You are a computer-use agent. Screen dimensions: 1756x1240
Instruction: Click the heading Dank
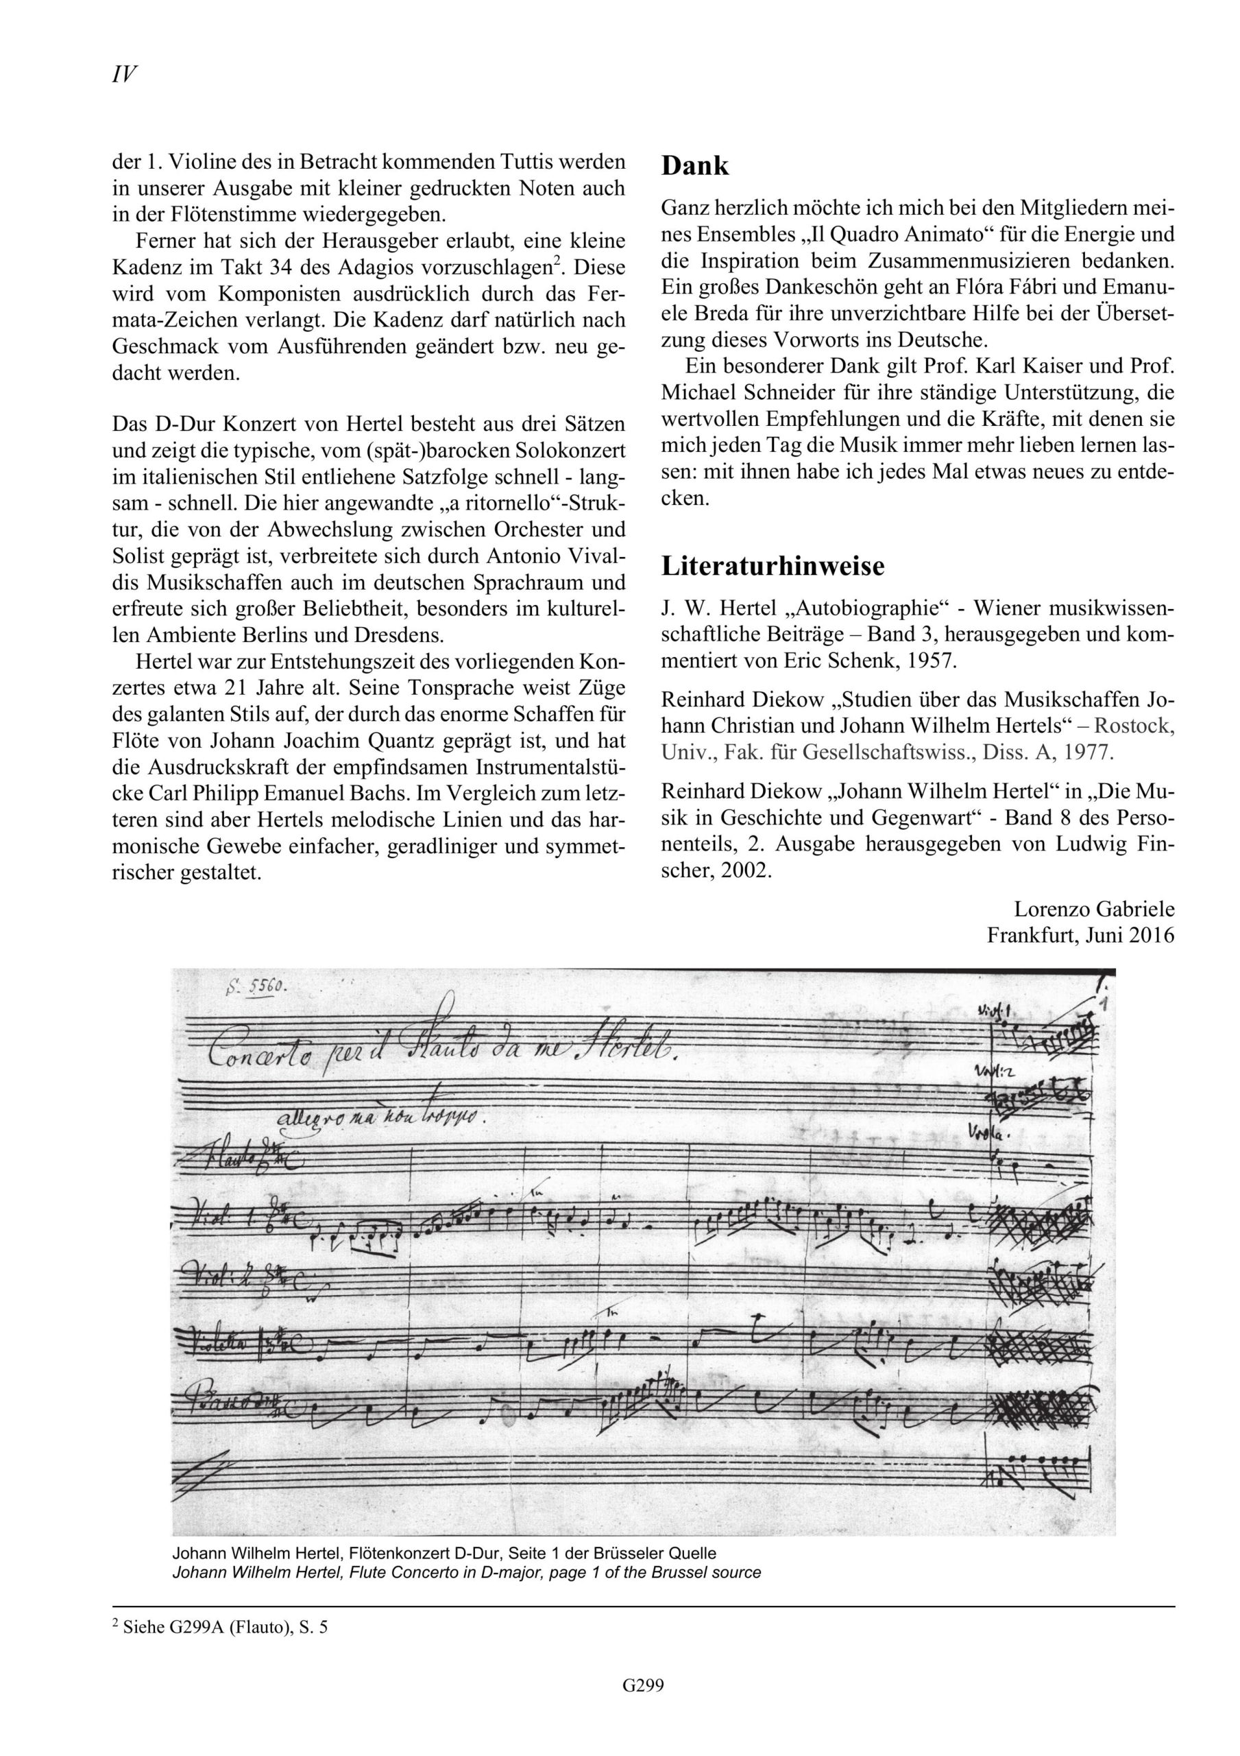pos(695,166)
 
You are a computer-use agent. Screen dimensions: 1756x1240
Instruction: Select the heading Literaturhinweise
pos(772,567)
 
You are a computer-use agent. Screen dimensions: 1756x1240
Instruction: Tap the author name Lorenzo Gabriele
pos(1094,910)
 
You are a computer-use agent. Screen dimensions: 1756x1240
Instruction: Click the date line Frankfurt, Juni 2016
pos(1080,936)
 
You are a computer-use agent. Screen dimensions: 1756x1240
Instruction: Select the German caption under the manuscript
pos(443,1554)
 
